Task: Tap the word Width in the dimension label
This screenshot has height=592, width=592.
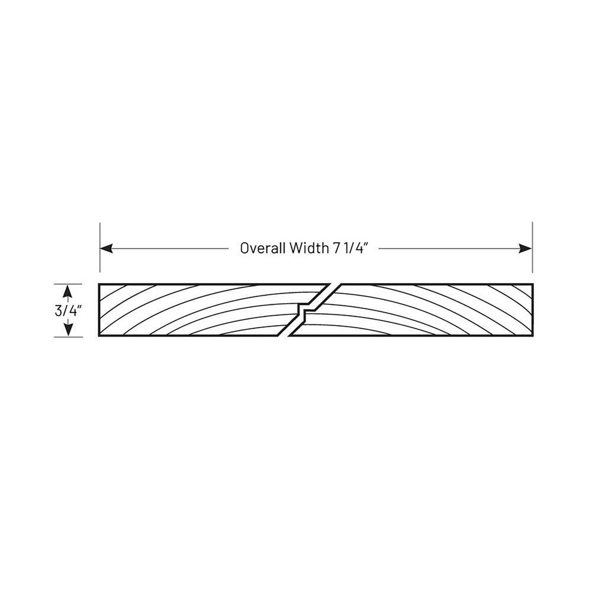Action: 309,248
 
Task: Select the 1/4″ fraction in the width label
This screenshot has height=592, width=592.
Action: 354,248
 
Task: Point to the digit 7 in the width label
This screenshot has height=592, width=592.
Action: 336,248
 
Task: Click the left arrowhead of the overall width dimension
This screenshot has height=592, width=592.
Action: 107,249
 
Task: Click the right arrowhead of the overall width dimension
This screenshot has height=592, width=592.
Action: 525,249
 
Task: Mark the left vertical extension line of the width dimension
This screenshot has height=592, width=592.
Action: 100,247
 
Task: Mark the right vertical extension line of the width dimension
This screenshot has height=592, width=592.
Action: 532,247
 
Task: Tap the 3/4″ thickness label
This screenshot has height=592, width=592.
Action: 68,311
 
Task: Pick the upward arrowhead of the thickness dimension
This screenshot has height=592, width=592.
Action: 68,291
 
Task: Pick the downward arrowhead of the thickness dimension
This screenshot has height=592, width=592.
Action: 68,330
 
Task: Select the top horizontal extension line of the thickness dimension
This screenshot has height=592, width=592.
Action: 68,284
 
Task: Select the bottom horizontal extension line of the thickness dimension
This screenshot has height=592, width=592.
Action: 68,337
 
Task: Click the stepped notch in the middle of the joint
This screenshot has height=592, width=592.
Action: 305,310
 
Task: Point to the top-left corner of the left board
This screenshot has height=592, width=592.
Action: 99,284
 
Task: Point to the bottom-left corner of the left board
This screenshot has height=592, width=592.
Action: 99,336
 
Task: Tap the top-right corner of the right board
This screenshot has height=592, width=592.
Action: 533,284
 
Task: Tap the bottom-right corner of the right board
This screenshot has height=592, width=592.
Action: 533,336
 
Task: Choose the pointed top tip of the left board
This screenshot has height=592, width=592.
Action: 329,284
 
